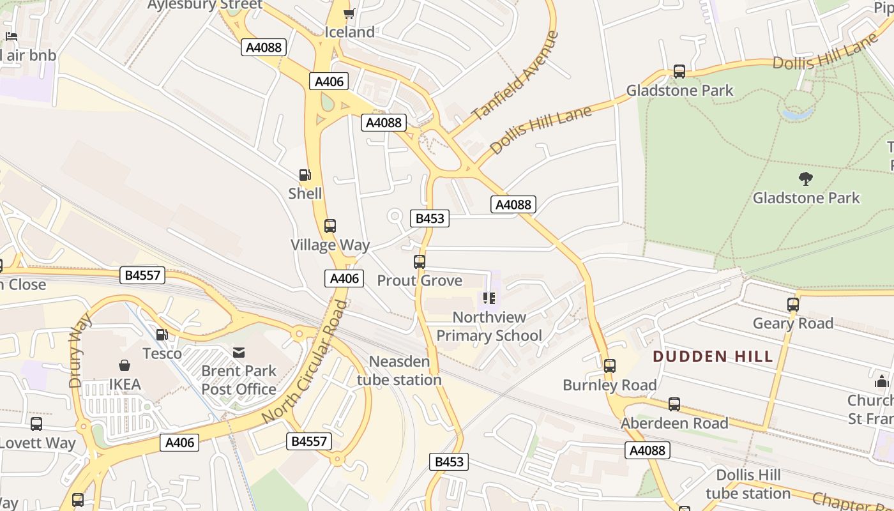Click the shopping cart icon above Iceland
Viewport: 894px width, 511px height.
coord(349,13)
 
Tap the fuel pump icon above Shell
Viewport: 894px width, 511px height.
coord(305,175)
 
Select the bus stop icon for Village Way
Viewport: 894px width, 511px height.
coord(330,226)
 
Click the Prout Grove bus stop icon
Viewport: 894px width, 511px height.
coord(420,262)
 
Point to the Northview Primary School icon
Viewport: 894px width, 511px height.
coord(489,298)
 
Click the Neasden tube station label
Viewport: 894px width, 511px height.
coord(399,370)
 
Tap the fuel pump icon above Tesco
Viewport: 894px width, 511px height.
coord(162,335)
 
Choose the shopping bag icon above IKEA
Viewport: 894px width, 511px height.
coord(125,365)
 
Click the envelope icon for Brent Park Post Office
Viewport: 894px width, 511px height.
coord(239,353)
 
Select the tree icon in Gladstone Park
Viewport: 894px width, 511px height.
coord(806,179)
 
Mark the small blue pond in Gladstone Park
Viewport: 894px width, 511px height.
coord(798,114)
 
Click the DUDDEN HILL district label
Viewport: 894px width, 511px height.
coord(713,356)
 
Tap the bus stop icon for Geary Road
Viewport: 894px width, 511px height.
coord(793,305)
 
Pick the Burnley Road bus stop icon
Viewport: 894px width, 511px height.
coord(610,366)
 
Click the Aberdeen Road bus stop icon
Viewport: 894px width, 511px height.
coord(674,404)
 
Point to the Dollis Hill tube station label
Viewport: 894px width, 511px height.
coord(748,484)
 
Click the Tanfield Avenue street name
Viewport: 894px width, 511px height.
coord(515,75)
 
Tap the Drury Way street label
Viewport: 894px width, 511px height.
coord(76,350)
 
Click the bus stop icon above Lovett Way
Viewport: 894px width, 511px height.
coord(37,424)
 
